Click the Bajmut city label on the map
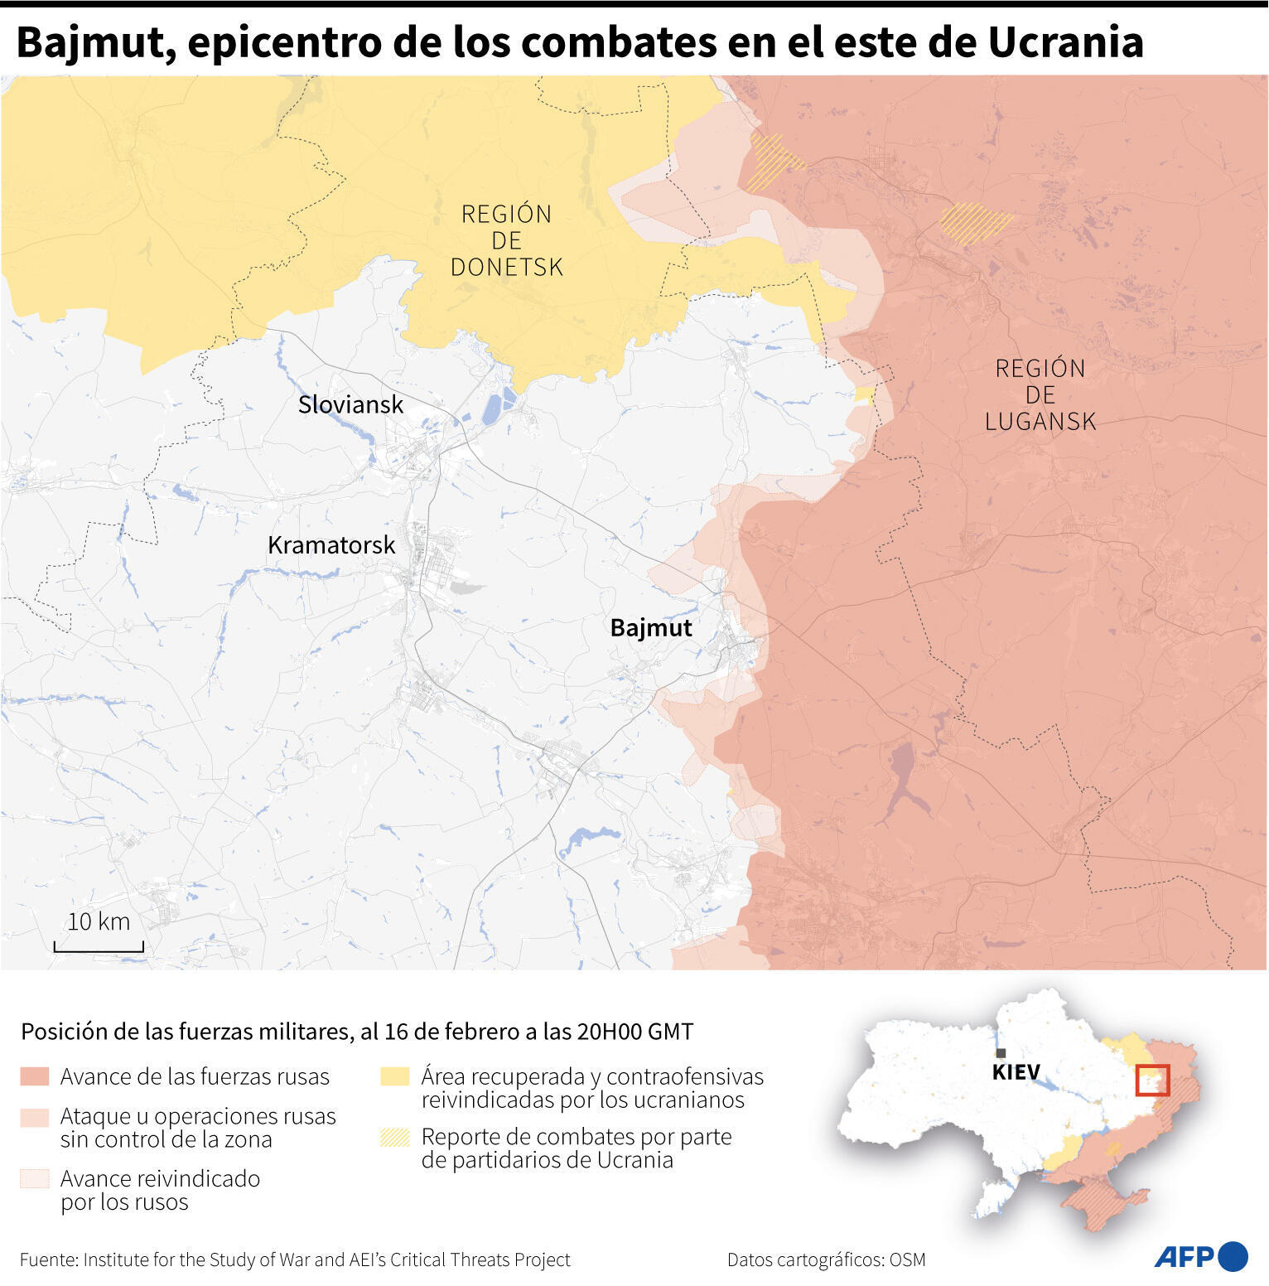pyautogui.click(x=650, y=628)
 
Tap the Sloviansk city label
pyautogui.click(x=350, y=404)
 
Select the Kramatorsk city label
pyautogui.click(x=331, y=545)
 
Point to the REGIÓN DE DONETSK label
pyautogui.click(x=506, y=240)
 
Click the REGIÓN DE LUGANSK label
pyautogui.click(x=1040, y=394)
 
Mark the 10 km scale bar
pyautogui.click(x=99, y=945)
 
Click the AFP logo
pyautogui.click(x=1200, y=1256)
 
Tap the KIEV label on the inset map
pyautogui.click(x=1016, y=1072)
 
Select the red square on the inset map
pyautogui.click(x=1152, y=1081)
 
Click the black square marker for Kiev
pyautogui.click(x=1001, y=1053)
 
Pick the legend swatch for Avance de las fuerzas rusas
pyautogui.click(x=35, y=1076)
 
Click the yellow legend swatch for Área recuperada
pyautogui.click(x=395, y=1076)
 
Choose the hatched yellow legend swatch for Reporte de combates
pyautogui.click(x=395, y=1137)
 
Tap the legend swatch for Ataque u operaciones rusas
pyautogui.click(x=35, y=1117)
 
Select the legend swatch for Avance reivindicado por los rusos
pyautogui.click(x=35, y=1178)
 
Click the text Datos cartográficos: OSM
pyautogui.click(x=826, y=1259)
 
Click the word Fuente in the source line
pyautogui.click(x=47, y=1259)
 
